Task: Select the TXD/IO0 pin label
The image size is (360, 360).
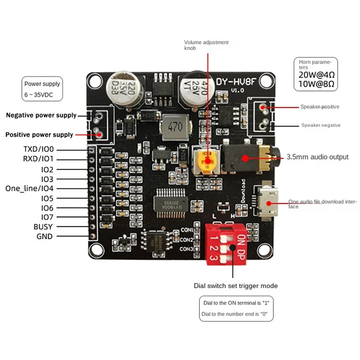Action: point(38,149)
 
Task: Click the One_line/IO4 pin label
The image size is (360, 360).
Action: point(29,189)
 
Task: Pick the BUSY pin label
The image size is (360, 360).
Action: point(43,227)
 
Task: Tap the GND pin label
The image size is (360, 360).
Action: point(44,237)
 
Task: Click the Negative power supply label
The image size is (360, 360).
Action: point(41,116)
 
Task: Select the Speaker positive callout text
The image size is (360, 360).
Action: point(319,107)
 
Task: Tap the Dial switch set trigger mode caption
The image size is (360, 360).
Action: point(235,286)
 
